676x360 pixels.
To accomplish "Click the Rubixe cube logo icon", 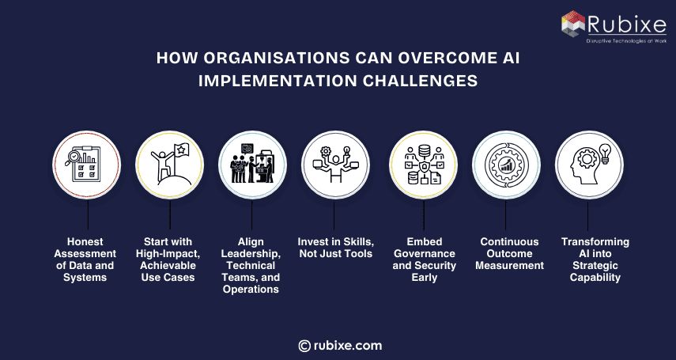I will [575, 24].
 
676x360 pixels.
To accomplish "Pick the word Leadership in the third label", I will [251, 254].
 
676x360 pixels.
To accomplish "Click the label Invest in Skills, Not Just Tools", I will [334, 248].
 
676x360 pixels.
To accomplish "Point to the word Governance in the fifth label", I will [425, 254].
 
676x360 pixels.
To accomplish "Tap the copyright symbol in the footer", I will [304, 345].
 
